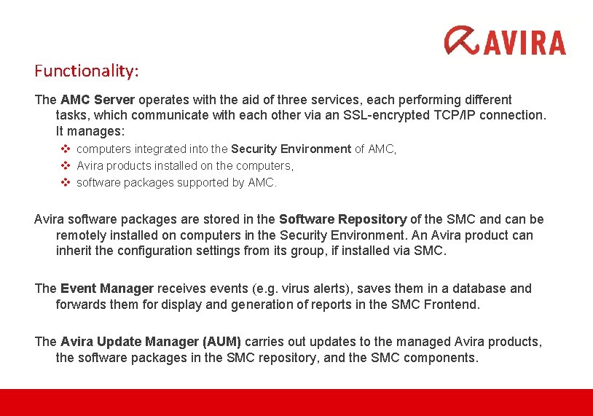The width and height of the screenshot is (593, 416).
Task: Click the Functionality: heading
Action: coord(87,71)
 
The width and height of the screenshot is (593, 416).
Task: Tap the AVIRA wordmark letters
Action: coord(524,42)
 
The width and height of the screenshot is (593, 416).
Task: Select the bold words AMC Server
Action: coord(98,100)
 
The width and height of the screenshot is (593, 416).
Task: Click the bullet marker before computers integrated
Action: coord(64,149)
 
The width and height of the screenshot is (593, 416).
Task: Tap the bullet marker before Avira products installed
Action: coord(64,166)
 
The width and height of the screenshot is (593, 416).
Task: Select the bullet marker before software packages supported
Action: coord(64,183)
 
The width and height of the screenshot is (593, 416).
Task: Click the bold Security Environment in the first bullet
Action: coord(291,149)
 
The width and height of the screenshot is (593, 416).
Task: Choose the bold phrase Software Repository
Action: coord(342,219)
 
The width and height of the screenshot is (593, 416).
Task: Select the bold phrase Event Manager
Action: coord(107,289)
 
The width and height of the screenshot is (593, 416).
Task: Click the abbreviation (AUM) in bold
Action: coord(221,342)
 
